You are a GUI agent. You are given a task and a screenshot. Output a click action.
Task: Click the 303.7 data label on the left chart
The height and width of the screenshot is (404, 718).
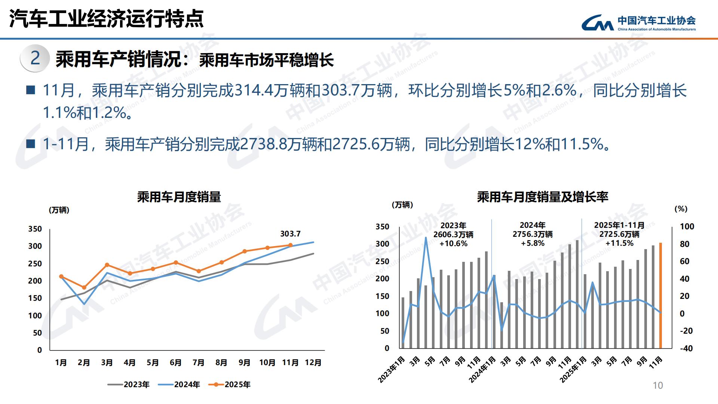290,234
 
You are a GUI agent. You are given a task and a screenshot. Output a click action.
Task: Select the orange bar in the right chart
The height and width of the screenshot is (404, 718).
660,296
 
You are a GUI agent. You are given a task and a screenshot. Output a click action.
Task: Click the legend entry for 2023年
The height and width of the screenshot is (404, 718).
129,385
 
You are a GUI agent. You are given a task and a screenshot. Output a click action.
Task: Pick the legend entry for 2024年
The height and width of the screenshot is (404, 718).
179,385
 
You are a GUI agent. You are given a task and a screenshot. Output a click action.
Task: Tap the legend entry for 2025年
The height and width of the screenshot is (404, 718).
230,385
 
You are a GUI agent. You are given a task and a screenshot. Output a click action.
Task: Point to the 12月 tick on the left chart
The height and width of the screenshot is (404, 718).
313,362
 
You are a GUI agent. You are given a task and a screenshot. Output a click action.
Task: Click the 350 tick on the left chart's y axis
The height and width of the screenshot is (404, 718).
35,229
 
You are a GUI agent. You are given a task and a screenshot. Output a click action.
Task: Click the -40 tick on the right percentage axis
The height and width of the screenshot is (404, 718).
686,348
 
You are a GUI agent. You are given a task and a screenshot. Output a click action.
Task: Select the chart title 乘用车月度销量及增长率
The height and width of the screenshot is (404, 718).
543,197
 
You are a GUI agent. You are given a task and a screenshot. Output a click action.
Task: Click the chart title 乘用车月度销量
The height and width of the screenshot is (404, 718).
179,197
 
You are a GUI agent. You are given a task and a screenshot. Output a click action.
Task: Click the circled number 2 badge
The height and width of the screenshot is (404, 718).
35,58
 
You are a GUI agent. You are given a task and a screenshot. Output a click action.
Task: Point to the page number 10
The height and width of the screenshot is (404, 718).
657,385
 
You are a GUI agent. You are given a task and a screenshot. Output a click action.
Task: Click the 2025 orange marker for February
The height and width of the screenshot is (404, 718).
84,288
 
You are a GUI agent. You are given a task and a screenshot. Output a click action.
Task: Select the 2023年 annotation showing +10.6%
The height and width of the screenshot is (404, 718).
453,244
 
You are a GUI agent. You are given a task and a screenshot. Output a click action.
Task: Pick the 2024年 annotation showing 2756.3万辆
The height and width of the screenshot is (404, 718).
533,234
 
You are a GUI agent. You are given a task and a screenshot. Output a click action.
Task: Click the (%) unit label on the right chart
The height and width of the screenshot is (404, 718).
681,209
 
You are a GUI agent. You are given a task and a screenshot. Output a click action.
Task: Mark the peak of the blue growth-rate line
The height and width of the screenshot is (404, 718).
426,238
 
